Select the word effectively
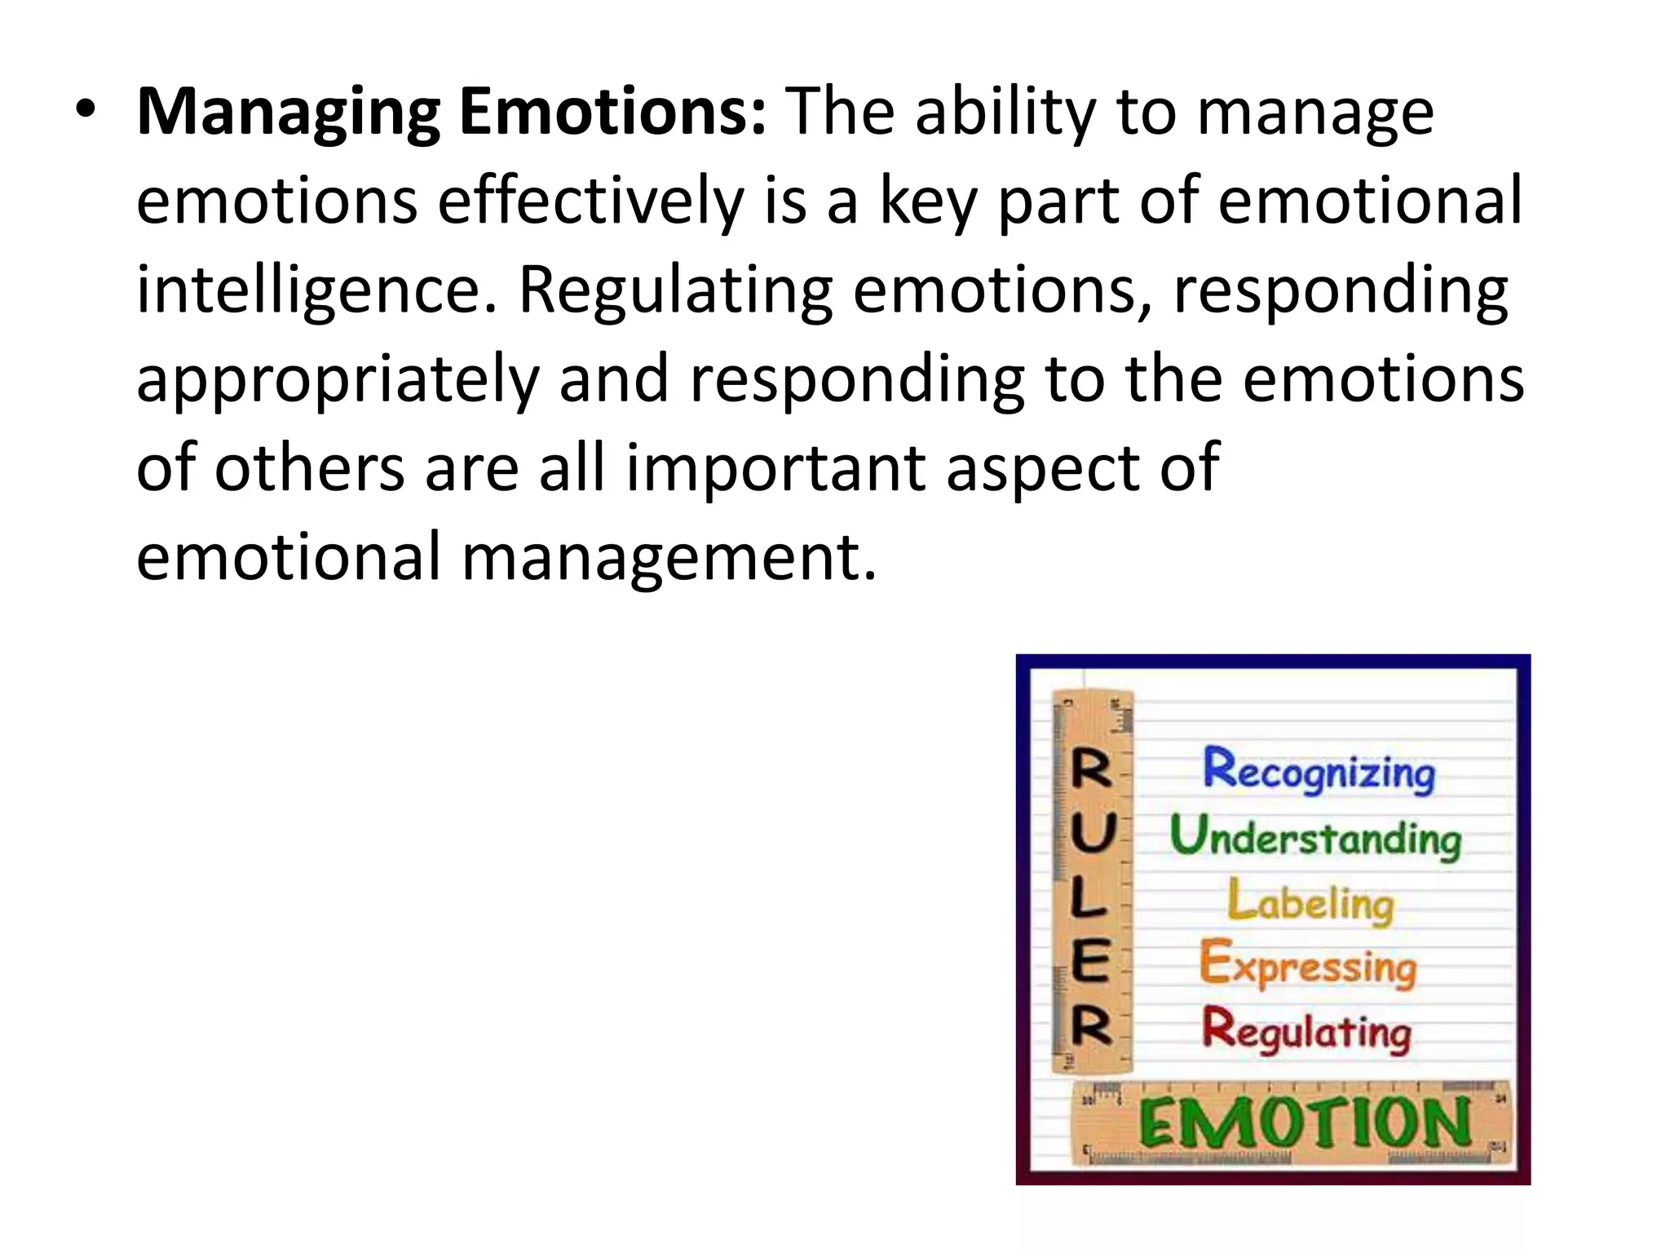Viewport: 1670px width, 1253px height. coord(590,201)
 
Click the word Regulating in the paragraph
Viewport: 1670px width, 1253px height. coord(676,291)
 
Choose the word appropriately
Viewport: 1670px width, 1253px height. coord(338,381)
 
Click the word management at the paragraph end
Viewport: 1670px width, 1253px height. coord(669,558)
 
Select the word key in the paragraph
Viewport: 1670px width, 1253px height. coord(928,203)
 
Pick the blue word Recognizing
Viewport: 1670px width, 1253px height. coord(1319,771)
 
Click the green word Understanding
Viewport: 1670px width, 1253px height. coord(1315,836)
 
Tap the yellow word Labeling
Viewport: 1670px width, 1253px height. coord(1311,902)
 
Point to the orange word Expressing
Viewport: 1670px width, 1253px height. coord(1308,966)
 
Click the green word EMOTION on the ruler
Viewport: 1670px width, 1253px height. coord(1305,1123)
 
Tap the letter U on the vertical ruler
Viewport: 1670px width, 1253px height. coord(1092,835)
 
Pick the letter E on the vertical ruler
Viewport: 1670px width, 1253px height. coord(1091,960)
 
